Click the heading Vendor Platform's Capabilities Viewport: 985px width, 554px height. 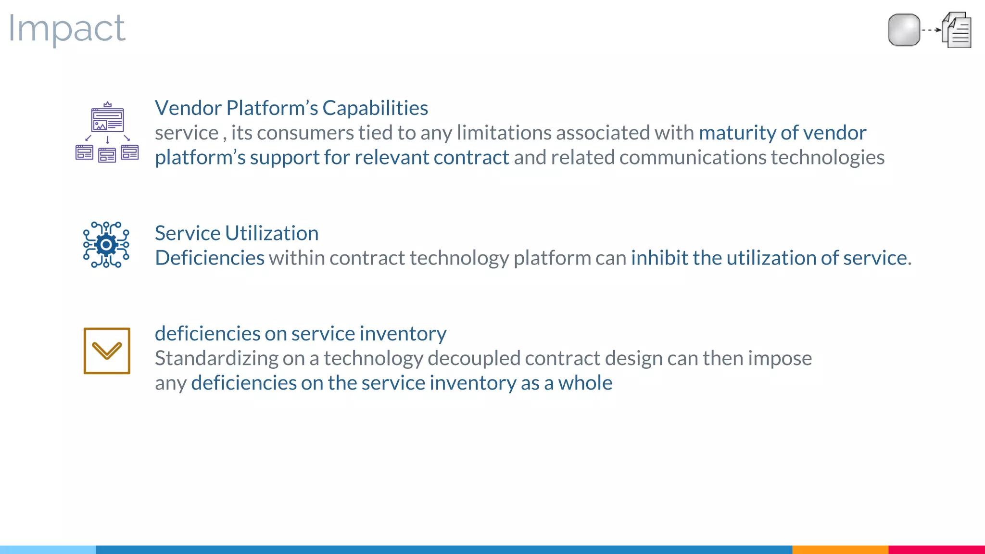[x=291, y=108]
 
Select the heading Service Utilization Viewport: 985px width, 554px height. [x=236, y=233]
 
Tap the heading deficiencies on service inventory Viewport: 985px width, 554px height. [x=300, y=334]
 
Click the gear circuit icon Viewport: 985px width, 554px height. [x=106, y=245]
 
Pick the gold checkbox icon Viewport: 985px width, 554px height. [x=107, y=351]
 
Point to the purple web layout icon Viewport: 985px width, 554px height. [x=107, y=132]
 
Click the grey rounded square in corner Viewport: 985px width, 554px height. [x=904, y=30]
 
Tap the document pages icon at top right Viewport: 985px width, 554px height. [x=957, y=30]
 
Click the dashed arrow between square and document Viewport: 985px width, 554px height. [x=931, y=30]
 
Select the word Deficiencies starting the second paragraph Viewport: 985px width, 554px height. [x=209, y=258]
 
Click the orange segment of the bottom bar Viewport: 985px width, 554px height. [x=840, y=549]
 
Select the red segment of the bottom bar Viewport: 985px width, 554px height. [x=936, y=549]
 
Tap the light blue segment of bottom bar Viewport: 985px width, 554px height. [x=48, y=549]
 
